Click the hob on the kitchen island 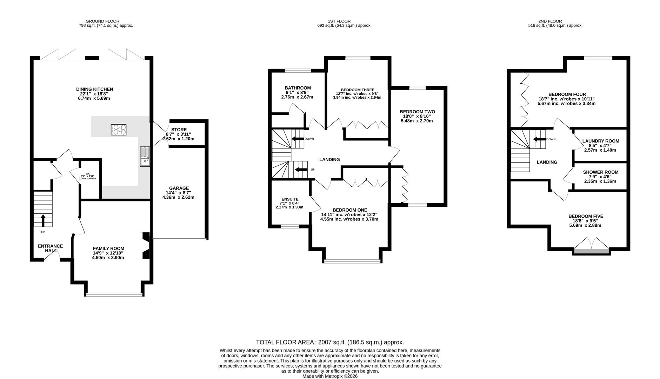[119, 130]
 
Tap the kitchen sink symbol [145, 157]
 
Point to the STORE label [179, 130]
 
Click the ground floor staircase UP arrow [43, 220]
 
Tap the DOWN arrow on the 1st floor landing [298, 139]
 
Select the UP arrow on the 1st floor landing [301, 170]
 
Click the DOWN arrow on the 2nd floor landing [540, 139]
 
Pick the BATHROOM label [298, 88]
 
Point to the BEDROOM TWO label [418, 112]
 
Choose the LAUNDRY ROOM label [601, 141]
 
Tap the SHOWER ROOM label [601, 172]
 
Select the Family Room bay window [114, 294]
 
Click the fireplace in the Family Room [145, 246]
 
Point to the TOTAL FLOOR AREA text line [330, 342]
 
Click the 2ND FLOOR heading [550, 21]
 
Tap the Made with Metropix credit [330, 376]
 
